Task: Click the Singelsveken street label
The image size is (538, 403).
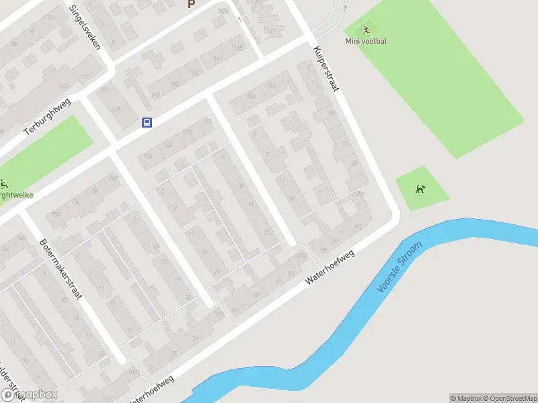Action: pyautogui.click(x=86, y=28)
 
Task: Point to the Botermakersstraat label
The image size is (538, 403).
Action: pyautogui.click(x=60, y=269)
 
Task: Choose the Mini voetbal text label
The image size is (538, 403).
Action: pyautogui.click(x=366, y=41)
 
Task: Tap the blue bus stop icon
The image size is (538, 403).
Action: pyautogui.click(x=147, y=122)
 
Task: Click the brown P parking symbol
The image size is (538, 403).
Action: pyautogui.click(x=191, y=4)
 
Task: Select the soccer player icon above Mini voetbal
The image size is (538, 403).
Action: pyautogui.click(x=366, y=30)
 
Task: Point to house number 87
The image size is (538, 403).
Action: pyautogui.click(x=256, y=295)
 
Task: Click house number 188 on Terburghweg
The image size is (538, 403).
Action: pyautogui.click(x=237, y=48)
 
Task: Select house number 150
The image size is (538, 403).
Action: pyautogui.click(x=56, y=214)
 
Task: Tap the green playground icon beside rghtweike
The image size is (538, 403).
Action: pyautogui.click(x=5, y=184)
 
